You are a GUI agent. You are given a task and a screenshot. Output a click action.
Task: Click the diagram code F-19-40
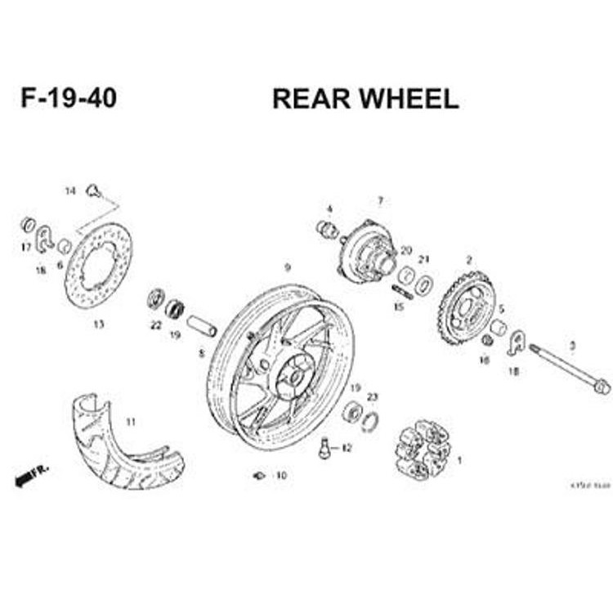(69, 98)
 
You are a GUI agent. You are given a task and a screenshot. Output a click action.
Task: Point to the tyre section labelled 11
(123, 445)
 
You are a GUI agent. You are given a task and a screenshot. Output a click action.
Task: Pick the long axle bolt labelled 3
(568, 369)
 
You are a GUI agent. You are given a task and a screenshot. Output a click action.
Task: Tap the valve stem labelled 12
(324, 447)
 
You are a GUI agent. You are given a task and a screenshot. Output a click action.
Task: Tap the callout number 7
(380, 201)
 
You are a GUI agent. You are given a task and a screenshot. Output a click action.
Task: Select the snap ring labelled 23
(370, 419)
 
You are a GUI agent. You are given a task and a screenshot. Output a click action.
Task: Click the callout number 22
(155, 325)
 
